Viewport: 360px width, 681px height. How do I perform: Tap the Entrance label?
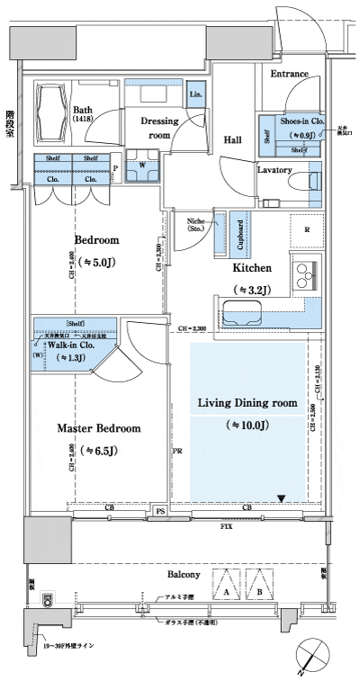(x=290, y=74)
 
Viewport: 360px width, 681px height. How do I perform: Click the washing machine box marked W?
(x=142, y=166)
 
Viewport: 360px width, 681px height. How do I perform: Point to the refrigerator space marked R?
(x=306, y=229)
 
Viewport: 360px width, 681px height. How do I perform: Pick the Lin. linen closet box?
(x=195, y=94)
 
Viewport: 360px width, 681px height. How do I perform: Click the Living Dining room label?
(x=246, y=403)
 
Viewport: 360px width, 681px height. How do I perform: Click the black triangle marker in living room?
(x=281, y=498)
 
